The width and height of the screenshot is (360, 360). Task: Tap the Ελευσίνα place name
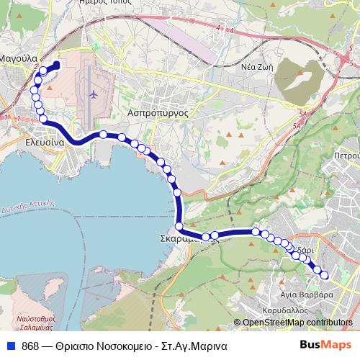46,143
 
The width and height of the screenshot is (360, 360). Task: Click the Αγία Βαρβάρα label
307,294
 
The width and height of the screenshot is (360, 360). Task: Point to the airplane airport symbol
92,94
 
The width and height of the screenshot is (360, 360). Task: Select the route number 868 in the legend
30,346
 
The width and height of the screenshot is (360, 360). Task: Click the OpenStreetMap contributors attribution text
297,323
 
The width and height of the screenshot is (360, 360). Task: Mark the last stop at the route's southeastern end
324,274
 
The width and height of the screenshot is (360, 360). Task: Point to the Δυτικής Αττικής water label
33,204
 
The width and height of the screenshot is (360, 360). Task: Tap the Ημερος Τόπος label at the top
108,4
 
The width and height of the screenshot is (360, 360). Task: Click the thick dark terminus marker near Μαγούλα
55,66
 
